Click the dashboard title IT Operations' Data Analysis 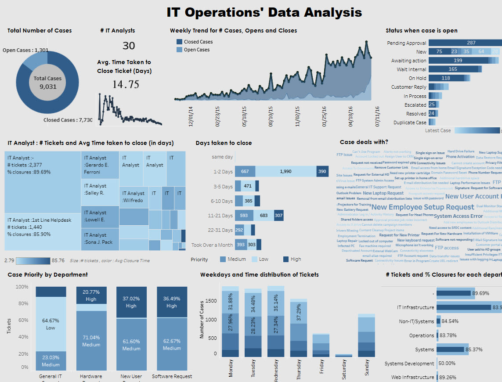264,12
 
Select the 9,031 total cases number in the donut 48,86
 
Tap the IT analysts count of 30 129,46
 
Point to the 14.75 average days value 126,85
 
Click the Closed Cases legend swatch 179,42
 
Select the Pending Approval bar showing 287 465,43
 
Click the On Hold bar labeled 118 446,78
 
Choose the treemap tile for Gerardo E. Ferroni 100,165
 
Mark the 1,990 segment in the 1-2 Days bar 286,172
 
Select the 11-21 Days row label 220,216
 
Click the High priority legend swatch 286,259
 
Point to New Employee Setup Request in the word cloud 416,207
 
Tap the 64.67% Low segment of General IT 51,324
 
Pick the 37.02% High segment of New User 131,302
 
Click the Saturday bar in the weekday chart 344,355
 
